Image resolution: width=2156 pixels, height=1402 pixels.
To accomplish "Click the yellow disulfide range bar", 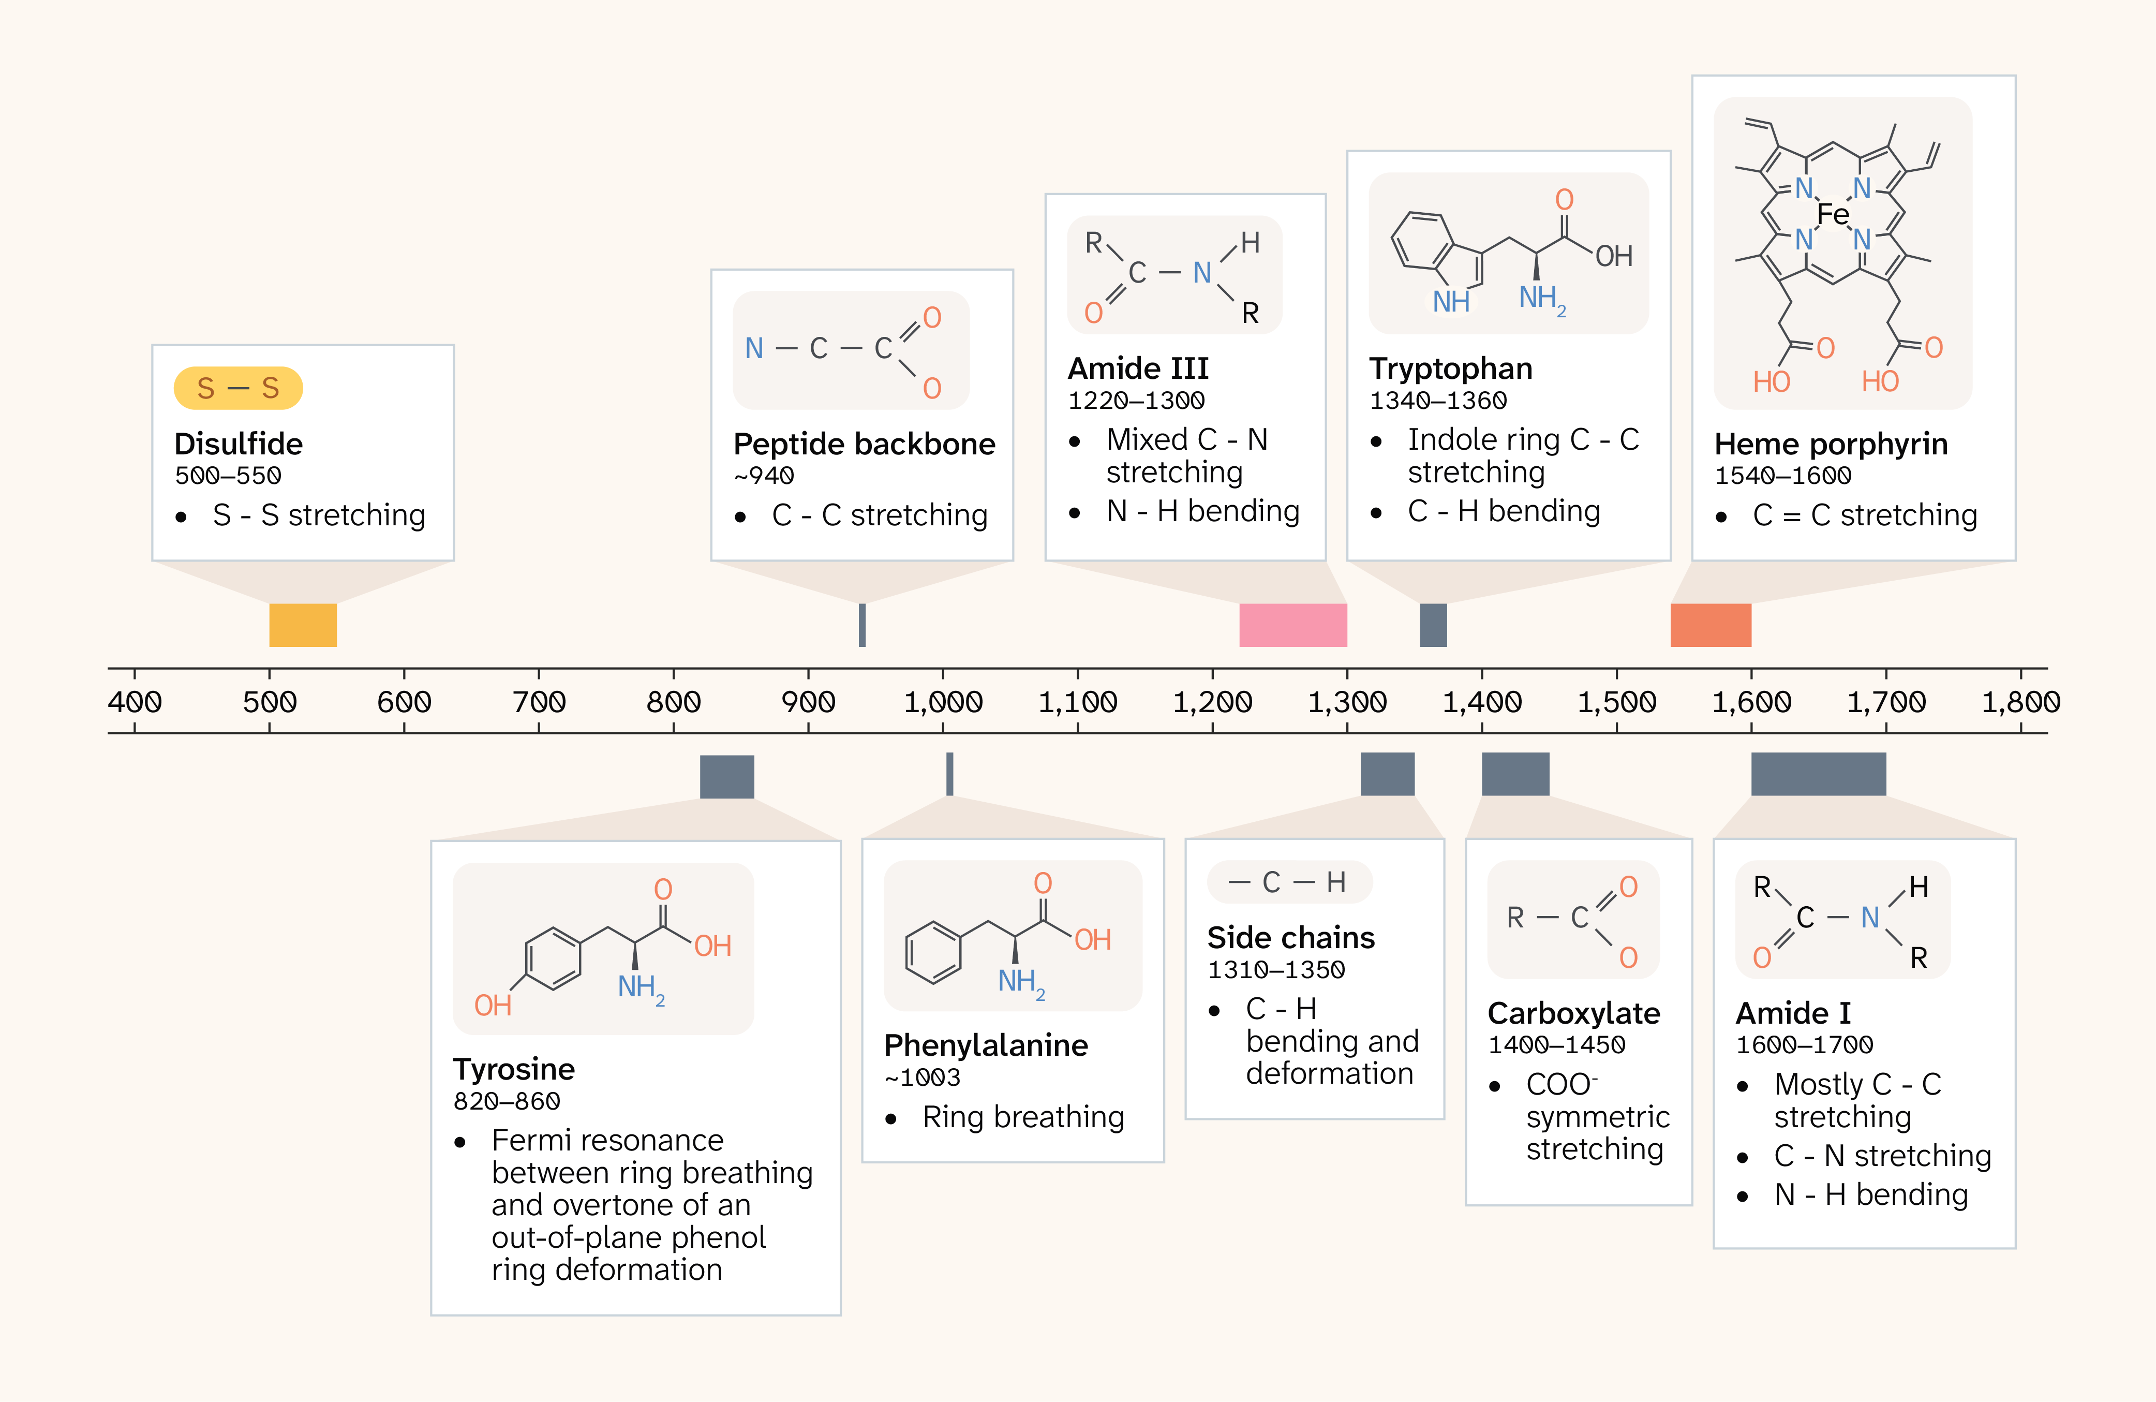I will tap(303, 625).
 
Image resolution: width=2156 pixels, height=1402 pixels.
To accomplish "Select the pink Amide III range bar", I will tap(1292, 625).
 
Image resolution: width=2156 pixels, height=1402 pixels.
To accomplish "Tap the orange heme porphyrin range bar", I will tap(1711, 625).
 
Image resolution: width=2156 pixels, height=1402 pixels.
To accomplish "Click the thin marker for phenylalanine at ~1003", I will tap(949, 774).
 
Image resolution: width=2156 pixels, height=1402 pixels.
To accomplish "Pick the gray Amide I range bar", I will tap(1818, 774).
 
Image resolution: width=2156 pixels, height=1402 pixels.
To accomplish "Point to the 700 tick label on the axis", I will tap(539, 701).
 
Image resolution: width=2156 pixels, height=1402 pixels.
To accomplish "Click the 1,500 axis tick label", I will tap(1617, 701).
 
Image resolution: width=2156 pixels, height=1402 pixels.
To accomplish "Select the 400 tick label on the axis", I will tap(135, 701).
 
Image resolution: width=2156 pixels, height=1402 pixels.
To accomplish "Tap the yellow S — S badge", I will tap(238, 388).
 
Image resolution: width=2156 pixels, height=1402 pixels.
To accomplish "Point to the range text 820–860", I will tap(507, 1101).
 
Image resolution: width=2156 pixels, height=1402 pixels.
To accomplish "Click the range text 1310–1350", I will tap(1275, 970).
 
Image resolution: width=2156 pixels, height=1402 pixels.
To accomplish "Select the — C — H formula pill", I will tap(1289, 882).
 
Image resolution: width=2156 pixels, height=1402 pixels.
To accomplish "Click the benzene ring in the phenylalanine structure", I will tap(933, 952).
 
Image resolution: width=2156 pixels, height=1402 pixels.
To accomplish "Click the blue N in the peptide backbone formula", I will tap(754, 348).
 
